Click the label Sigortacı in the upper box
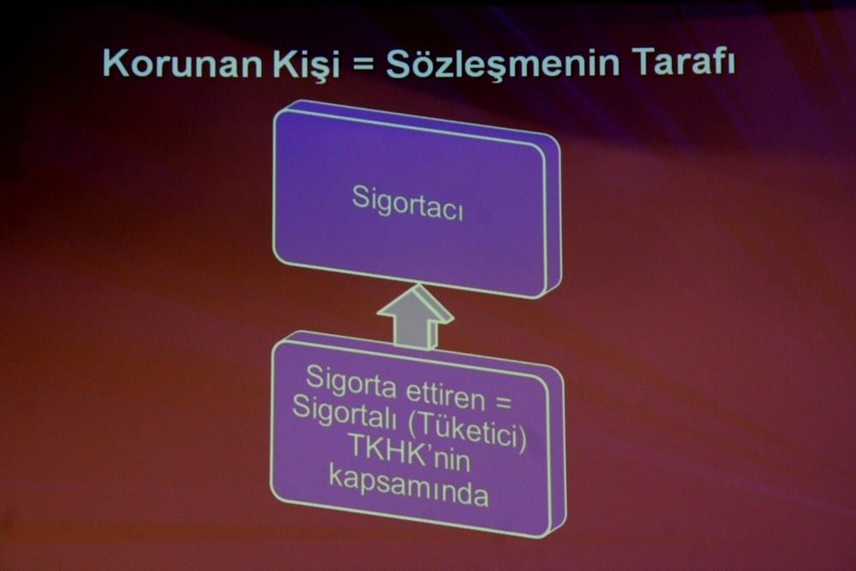click(x=408, y=202)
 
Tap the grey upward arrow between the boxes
click(x=415, y=317)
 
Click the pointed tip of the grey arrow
click(x=416, y=289)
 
